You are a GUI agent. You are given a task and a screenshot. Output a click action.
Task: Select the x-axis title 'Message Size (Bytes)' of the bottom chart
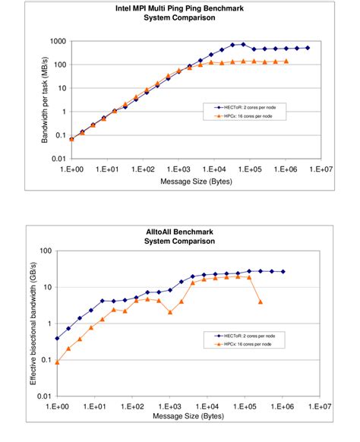coord(184,417)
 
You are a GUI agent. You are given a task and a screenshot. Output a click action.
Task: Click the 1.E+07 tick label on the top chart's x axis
coord(322,171)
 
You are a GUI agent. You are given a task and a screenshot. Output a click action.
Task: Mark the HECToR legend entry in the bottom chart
coord(244,334)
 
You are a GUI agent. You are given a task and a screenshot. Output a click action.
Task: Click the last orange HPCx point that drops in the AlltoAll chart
coord(261,302)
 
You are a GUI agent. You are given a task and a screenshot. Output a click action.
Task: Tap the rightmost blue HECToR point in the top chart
coord(307,48)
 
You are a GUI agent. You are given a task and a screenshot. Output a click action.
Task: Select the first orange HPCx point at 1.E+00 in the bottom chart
coord(58,362)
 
